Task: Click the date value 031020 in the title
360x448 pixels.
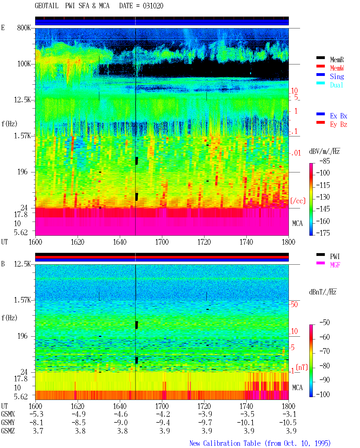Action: point(153,6)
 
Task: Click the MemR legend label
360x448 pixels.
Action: point(337,60)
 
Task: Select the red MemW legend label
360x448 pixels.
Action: point(337,68)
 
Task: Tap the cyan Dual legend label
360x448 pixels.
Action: point(336,85)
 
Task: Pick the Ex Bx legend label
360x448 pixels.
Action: point(338,116)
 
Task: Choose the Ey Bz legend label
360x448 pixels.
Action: point(338,125)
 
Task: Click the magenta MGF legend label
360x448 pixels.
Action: point(335,265)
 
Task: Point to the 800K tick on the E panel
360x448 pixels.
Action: point(24,28)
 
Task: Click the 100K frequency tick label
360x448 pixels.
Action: point(24,64)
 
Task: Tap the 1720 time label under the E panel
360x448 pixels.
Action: point(204,242)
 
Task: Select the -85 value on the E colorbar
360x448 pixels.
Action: point(324,161)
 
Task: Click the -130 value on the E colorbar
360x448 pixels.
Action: point(323,197)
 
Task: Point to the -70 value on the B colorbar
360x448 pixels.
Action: point(324,351)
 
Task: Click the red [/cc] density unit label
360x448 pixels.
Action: point(298,201)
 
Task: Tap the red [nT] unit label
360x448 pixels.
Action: point(302,367)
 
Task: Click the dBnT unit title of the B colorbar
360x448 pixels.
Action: point(323,292)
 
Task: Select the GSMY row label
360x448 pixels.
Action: point(8,422)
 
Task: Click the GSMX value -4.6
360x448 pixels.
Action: point(121,414)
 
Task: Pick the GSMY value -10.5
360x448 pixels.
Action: point(287,422)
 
